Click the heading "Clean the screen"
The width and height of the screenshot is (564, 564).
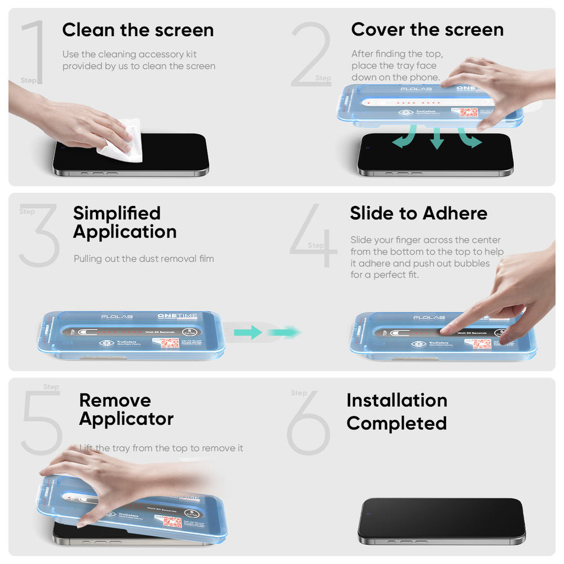coord(138,30)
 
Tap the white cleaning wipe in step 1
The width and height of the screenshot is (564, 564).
coord(120,143)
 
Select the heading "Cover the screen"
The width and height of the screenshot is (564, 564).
coord(427,29)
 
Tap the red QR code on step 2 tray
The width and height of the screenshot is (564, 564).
coord(469,113)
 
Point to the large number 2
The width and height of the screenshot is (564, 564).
coord(310,55)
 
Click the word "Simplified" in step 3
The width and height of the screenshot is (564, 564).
coord(117,213)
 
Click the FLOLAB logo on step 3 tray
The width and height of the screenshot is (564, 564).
coord(116,318)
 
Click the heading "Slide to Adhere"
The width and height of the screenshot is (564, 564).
coord(418,213)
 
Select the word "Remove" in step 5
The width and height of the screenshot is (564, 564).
coord(115,400)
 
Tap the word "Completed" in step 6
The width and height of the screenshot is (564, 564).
coord(396,423)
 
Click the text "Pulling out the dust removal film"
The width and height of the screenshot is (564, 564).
coord(144,259)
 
